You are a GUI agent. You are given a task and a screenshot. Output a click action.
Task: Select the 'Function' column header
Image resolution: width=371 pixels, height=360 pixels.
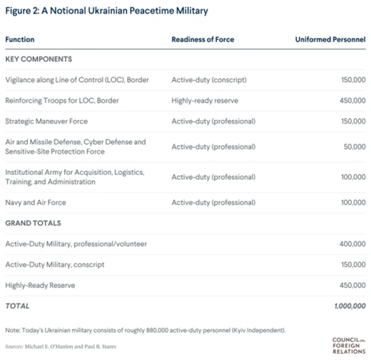(20, 39)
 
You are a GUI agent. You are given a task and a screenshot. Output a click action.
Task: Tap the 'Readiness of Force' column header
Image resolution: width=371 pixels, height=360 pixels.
(203, 39)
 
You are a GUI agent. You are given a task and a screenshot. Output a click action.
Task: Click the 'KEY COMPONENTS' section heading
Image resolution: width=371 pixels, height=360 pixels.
(39, 59)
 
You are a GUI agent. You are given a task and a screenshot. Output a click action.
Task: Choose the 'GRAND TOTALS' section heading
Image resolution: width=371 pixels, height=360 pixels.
(34, 224)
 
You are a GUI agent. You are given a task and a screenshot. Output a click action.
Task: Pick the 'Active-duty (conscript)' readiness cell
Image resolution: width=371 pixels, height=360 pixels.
(209, 80)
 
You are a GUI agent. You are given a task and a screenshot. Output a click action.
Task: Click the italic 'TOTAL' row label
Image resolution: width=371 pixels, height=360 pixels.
(17, 306)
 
